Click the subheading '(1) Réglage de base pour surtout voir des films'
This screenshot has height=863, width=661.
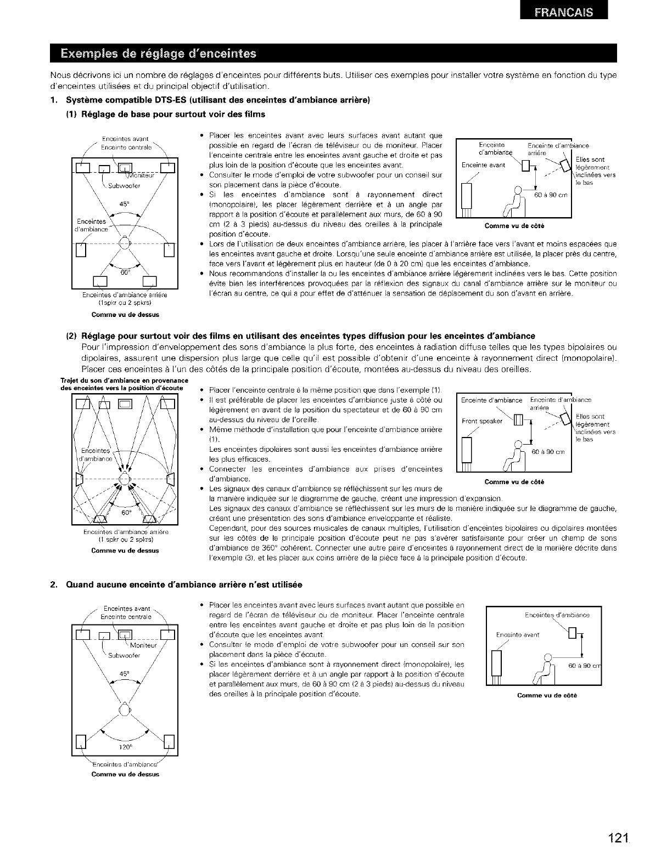click(165, 114)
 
